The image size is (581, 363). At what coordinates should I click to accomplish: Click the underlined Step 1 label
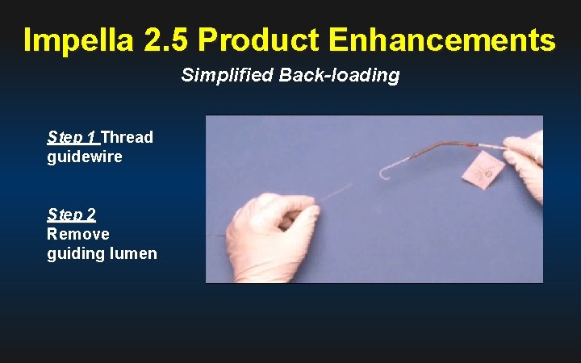pyautogui.click(x=72, y=137)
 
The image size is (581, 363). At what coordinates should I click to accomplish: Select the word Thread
pyautogui.click(x=127, y=137)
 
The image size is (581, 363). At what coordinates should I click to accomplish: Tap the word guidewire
pyautogui.click(x=85, y=156)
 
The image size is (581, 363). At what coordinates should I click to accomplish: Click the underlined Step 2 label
pyautogui.click(x=72, y=215)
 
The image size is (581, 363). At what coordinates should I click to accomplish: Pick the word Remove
pyautogui.click(x=78, y=234)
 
